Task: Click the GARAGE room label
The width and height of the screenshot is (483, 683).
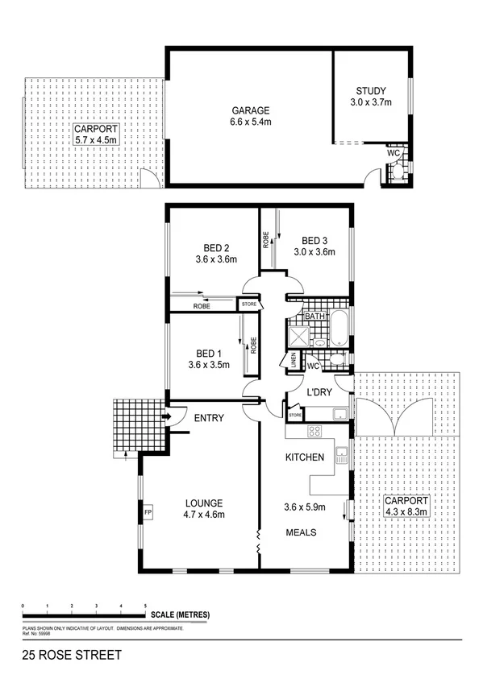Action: click(251, 110)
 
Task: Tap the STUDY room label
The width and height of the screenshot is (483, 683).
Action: click(371, 91)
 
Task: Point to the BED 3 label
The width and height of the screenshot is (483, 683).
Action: click(314, 240)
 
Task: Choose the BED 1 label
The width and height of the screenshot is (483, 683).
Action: click(209, 353)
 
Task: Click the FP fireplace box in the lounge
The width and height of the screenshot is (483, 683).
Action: click(148, 511)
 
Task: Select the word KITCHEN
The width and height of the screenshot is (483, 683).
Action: click(305, 457)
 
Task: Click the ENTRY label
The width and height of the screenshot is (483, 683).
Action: click(209, 417)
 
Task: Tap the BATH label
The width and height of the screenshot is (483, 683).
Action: click(315, 317)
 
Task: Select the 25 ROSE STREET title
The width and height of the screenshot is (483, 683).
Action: click(73, 656)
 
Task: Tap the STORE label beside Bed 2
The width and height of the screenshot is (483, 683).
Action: click(248, 304)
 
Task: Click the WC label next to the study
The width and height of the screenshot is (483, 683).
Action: click(393, 152)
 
